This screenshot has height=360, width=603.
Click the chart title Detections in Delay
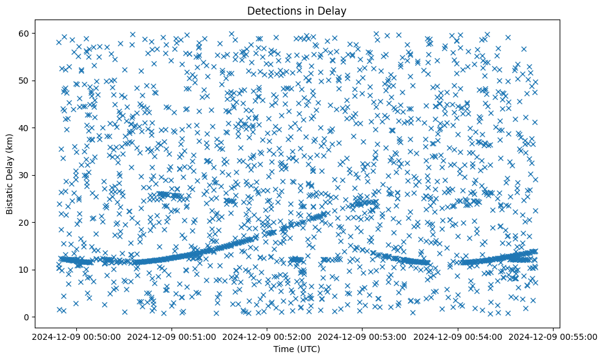[297, 10]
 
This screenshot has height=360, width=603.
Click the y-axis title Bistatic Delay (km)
[10, 173]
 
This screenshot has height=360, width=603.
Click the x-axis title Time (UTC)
[297, 349]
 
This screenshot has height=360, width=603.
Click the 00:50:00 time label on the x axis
[75, 336]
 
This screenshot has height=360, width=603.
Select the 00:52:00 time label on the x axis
[267, 336]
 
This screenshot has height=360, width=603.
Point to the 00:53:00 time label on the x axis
[363, 336]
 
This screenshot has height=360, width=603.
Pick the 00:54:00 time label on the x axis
[458, 336]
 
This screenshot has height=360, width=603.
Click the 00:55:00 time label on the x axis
[554, 336]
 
